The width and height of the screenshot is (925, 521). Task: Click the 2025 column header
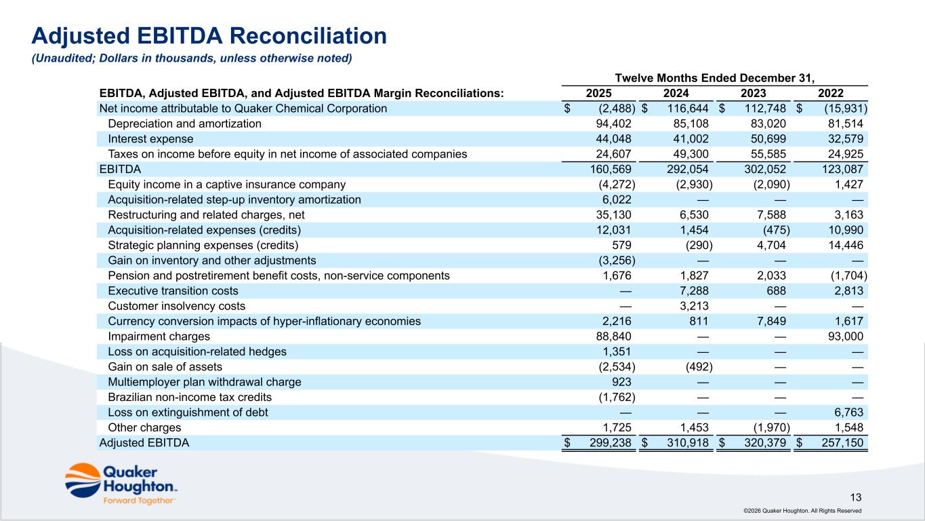click(598, 93)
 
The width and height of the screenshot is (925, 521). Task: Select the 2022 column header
click(830, 93)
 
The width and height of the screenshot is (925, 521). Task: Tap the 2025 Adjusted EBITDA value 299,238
click(611, 443)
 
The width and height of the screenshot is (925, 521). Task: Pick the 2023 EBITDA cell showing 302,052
click(765, 169)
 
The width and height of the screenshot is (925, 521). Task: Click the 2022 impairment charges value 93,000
click(845, 336)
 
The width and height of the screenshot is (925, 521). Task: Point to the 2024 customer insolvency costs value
click(694, 306)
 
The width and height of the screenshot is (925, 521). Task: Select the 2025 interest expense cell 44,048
click(614, 139)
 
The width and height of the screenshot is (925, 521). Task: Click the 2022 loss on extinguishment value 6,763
click(848, 412)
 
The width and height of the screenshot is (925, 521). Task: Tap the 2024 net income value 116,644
click(688, 109)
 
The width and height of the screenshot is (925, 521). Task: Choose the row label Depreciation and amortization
click(184, 123)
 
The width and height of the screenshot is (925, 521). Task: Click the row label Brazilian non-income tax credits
click(190, 398)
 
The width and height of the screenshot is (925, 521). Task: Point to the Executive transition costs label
click(173, 290)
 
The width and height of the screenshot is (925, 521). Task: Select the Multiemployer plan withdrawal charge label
click(205, 382)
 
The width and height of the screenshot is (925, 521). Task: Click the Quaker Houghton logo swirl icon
click(83, 480)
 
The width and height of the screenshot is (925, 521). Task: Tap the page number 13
click(856, 497)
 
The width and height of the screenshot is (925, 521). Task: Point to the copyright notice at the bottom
click(802, 511)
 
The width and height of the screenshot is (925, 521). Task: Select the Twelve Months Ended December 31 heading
click(715, 78)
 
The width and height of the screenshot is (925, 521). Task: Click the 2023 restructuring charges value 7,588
click(771, 214)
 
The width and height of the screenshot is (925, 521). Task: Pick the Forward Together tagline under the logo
click(139, 501)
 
